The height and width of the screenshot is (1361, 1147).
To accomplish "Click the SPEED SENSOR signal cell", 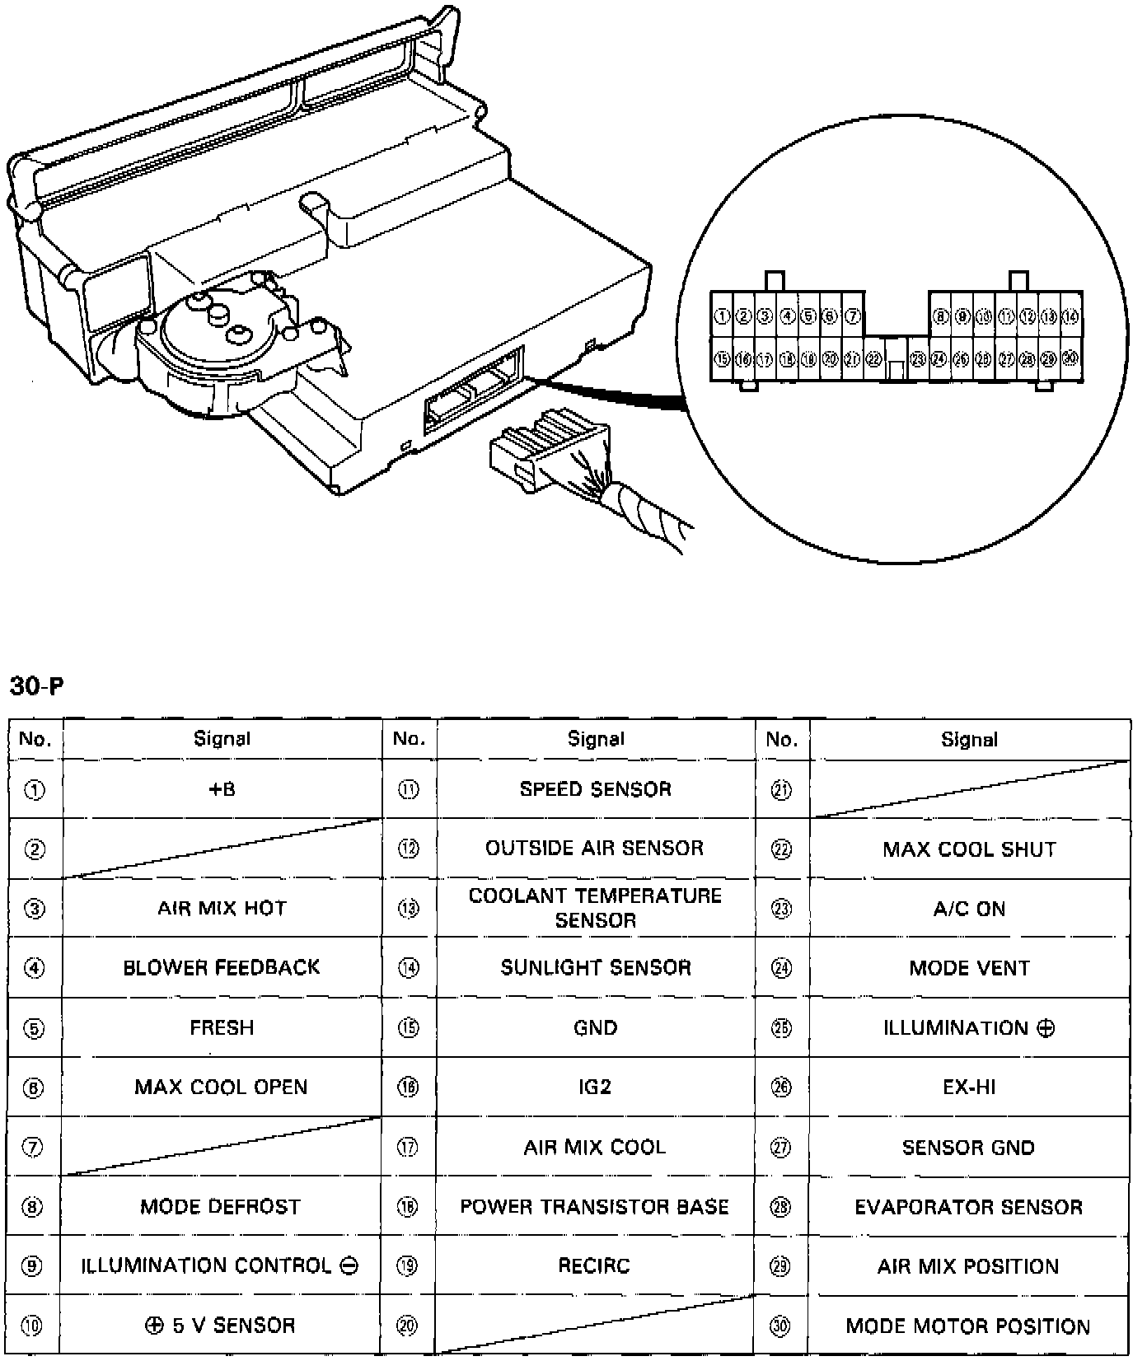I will click(x=595, y=789).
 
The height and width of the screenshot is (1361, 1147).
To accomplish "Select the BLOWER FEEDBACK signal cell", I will click(x=221, y=967).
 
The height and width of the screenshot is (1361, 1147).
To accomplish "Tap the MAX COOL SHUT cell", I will click(x=969, y=849).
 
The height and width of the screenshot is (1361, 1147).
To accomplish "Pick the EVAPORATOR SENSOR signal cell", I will click(x=969, y=1207).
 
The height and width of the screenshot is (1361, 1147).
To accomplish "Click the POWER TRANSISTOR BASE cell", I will click(x=595, y=1207).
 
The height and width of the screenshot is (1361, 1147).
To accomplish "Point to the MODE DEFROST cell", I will click(x=221, y=1207).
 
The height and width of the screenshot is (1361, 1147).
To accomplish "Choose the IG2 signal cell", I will click(x=595, y=1087).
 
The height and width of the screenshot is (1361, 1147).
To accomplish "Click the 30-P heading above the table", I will click(x=36, y=685).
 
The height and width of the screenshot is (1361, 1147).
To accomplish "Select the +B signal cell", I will click(x=221, y=789).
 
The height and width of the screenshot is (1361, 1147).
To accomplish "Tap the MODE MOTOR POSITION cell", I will click(x=969, y=1326).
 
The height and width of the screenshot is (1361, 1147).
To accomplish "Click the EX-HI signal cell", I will click(x=969, y=1087).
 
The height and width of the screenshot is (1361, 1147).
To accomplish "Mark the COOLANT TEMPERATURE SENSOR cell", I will click(x=595, y=908).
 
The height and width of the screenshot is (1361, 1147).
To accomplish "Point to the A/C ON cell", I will click(x=969, y=909).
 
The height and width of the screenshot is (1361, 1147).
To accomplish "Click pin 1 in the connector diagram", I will click(x=722, y=316).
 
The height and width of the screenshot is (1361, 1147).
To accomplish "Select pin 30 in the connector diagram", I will click(x=1070, y=358).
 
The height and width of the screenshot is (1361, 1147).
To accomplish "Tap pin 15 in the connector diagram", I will click(x=722, y=359).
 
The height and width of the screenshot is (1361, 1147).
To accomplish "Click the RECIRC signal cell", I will click(x=595, y=1266).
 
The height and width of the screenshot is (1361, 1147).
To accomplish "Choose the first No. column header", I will click(x=35, y=739).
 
